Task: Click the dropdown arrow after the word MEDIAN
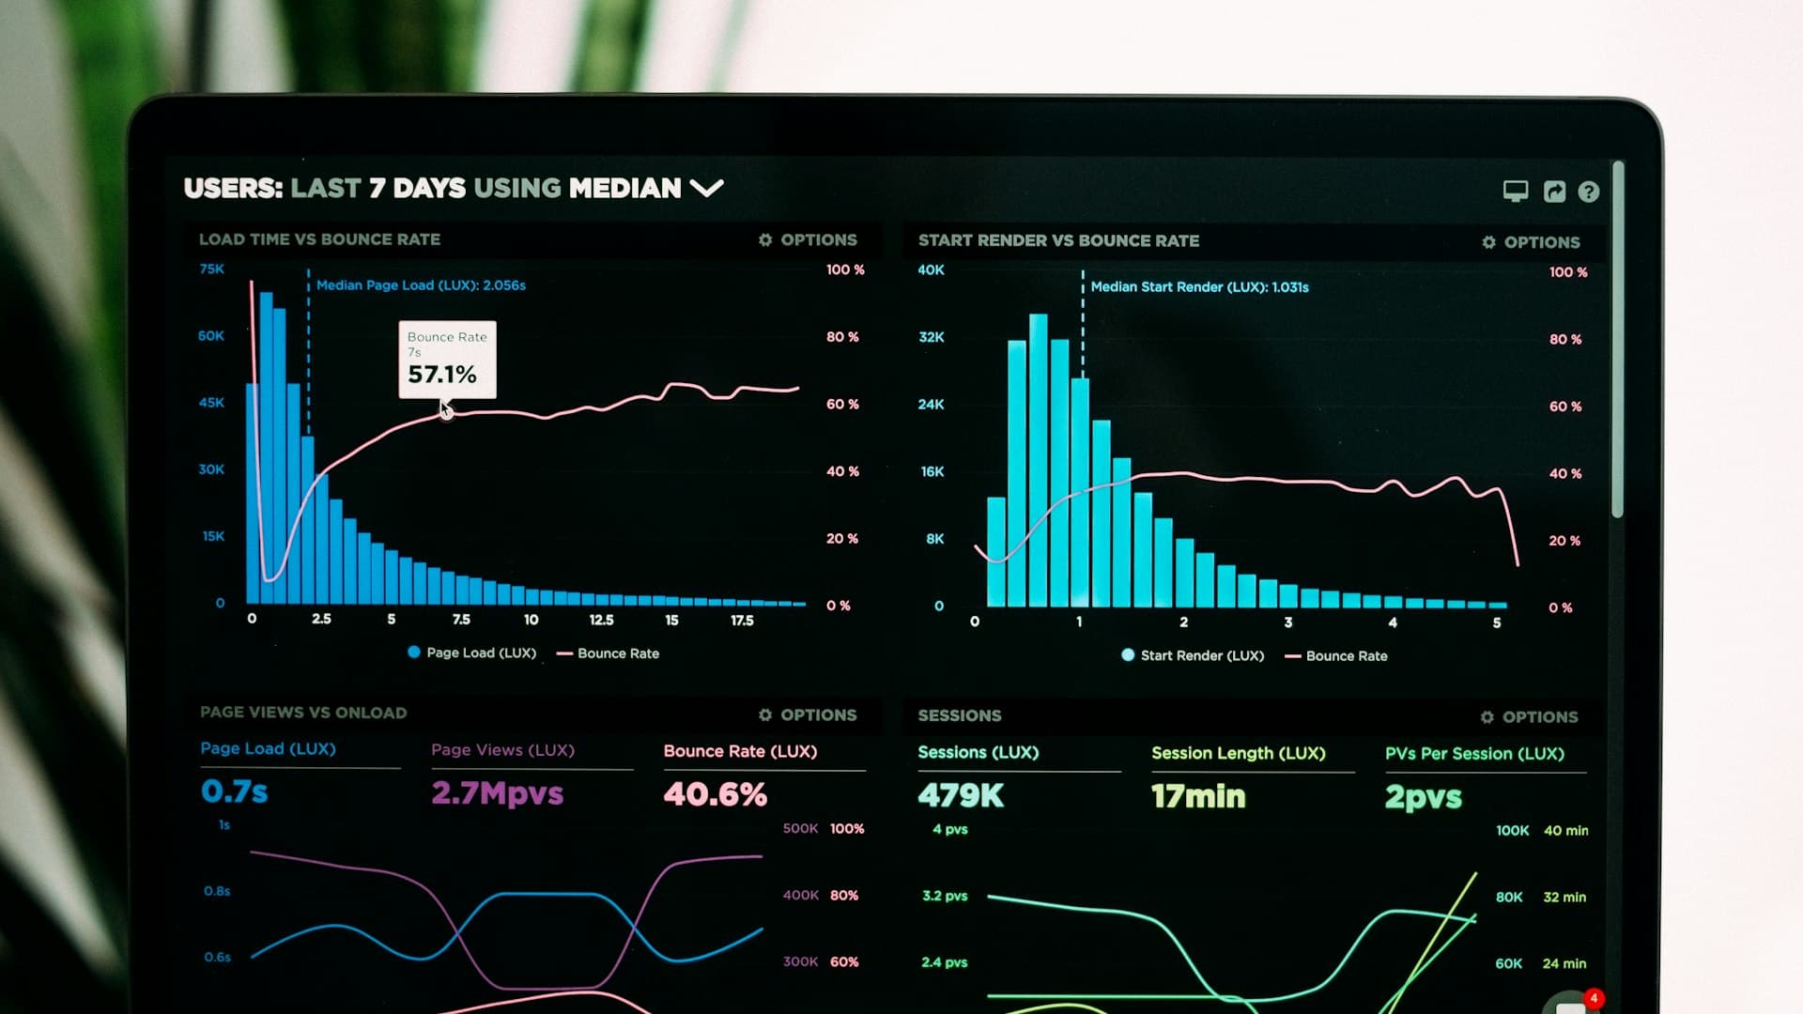(x=706, y=188)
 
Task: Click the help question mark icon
(x=1588, y=192)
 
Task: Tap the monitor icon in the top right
(x=1515, y=192)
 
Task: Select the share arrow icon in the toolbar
(x=1554, y=192)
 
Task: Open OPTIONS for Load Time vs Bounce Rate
(x=808, y=240)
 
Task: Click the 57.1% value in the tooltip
(x=441, y=375)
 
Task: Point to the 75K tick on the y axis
(x=212, y=269)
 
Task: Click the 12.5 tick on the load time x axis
(x=601, y=621)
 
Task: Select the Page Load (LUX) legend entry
(x=471, y=653)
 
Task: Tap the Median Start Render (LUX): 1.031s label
(x=1199, y=287)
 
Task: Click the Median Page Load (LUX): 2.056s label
(x=421, y=285)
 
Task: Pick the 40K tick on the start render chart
(x=931, y=270)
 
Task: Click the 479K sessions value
(x=961, y=796)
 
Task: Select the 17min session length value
(x=1198, y=796)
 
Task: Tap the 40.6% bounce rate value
(x=715, y=794)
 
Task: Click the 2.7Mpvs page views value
(x=497, y=793)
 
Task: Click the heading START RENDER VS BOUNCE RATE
(x=1058, y=241)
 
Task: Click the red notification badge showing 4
(x=1594, y=998)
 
